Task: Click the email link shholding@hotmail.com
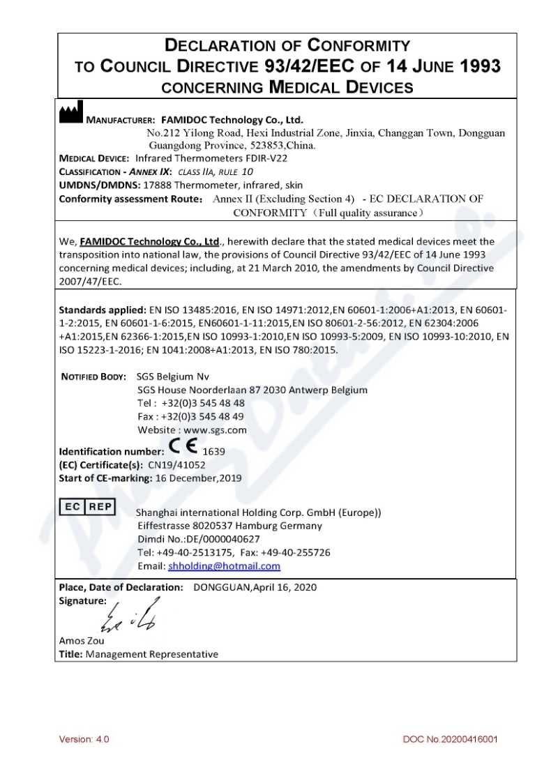click(x=224, y=566)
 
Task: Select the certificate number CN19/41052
click(x=172, y=464)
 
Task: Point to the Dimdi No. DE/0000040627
click(x=199, y=539)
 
